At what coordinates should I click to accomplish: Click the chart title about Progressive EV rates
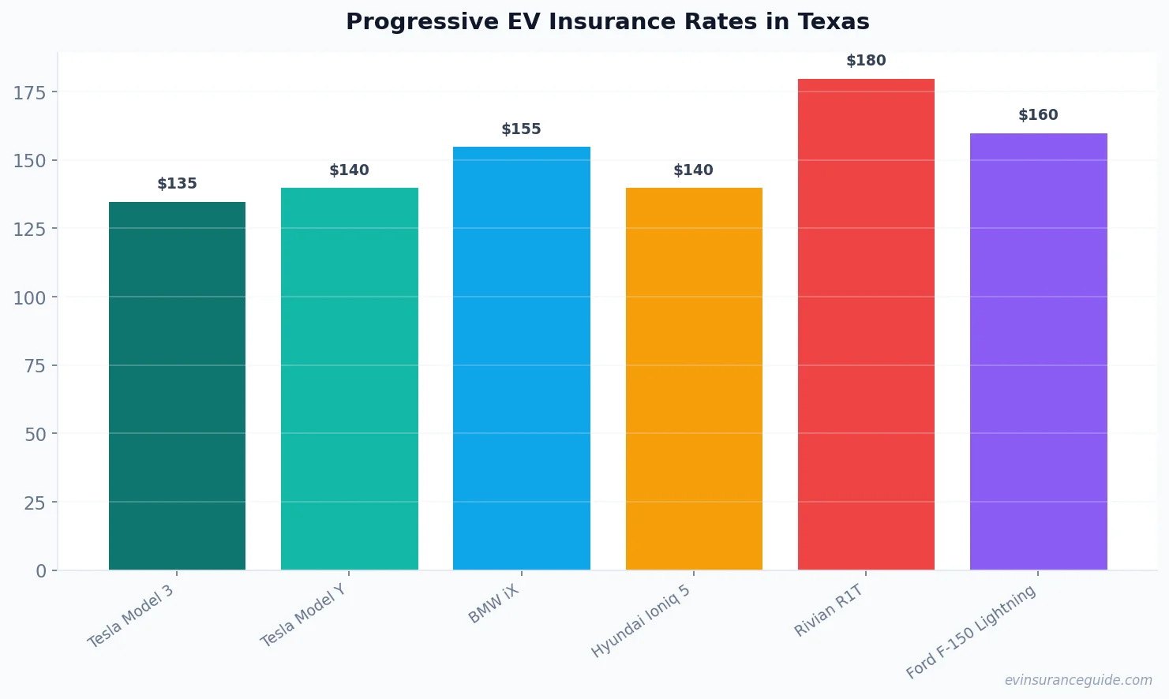pos(607,22)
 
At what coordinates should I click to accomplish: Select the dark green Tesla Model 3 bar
pos(177,386)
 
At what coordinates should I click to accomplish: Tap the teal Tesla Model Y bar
pos(349,379)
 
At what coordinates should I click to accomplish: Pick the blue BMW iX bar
pos(521,358)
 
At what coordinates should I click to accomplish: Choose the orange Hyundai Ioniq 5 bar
pos(693,379)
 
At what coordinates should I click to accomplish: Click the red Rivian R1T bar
pos(866,324)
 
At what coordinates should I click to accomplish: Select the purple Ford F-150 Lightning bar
pos(1038,351)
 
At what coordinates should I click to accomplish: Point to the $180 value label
pos(866,61)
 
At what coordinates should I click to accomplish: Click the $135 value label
pos(177,184)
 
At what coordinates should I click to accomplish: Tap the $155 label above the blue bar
pos(521,129)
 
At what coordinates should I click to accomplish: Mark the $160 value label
pos(1038,115)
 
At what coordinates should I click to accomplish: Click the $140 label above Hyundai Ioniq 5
pos(693,170)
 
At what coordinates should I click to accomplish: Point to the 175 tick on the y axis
pos(30,93)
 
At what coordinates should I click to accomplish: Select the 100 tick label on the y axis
pos(30,298)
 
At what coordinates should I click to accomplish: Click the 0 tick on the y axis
pos(41,571)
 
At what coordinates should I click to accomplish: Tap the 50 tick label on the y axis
pos(36,435)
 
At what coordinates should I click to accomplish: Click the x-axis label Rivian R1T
pos(829,611)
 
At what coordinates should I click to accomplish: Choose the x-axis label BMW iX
pos(494,605)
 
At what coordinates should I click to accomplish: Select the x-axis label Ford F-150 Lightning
pos(971,633)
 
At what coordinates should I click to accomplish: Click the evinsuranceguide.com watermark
pos(1078,680)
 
